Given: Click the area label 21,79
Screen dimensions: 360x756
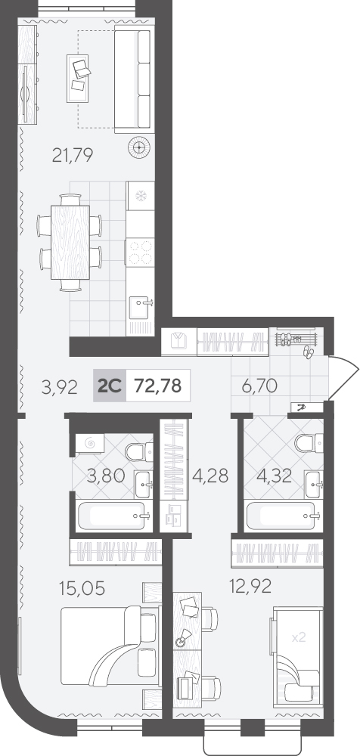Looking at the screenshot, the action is coord(73,155).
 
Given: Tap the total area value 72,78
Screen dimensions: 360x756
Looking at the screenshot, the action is coord(158,386).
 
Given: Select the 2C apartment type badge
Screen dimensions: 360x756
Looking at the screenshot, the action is coord(110,386).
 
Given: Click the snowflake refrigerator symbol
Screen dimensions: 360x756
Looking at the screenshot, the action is coord(141,197).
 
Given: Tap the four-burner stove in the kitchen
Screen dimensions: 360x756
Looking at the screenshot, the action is coord(141,253).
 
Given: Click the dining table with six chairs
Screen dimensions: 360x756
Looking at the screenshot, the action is coord(70,242).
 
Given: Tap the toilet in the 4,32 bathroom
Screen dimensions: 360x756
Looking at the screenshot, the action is coord(309,443).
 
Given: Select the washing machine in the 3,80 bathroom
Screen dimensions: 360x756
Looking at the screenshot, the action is coord(90,443).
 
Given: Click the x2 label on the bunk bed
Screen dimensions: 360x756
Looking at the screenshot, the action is coord(299,637).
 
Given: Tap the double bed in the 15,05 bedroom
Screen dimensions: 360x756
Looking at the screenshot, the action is coord(110,645).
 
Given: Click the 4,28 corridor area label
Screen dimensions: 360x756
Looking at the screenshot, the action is coord(210,475).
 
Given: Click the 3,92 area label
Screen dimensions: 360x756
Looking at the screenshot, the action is coord(59,388).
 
